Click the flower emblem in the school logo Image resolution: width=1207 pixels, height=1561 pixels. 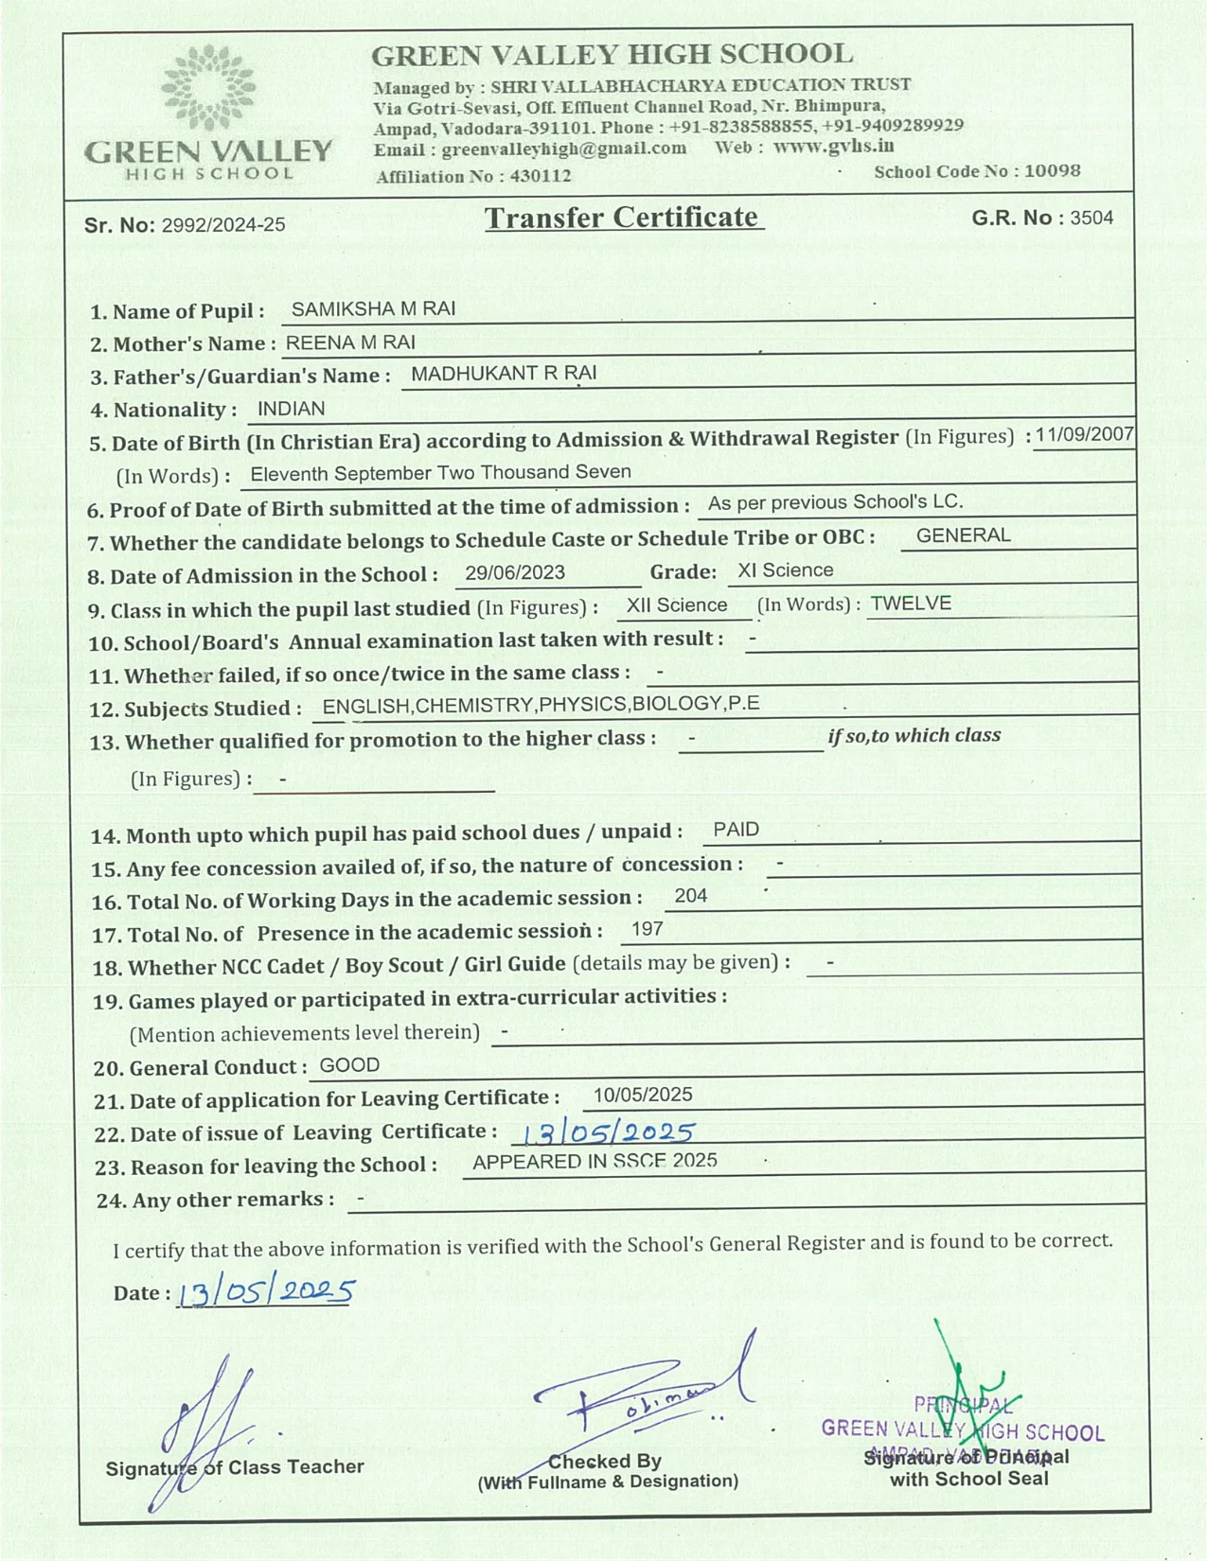click(207, 87)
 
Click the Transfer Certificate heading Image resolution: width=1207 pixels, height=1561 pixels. click(623, 218)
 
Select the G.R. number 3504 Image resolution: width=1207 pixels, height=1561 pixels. click(1092, 219)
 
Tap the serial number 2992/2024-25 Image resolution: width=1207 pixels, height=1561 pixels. click(223, 225)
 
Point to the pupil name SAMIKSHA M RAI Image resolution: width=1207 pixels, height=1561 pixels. click(373, 309)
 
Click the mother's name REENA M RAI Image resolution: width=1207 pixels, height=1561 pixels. click(350, 342)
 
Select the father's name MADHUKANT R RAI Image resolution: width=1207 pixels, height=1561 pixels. click(503, 374)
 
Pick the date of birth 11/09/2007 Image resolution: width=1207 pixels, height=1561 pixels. click(1084, 435)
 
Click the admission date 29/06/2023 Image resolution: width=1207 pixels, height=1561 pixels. click(515, 573)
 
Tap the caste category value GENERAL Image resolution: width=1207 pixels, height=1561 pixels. click(963, 535)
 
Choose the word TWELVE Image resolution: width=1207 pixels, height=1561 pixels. click(911, 604)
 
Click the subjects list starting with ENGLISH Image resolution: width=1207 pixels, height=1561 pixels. click(541, 705)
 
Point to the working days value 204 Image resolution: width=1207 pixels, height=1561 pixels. click(691, 896)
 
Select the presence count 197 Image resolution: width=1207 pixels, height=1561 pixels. click(647, 929)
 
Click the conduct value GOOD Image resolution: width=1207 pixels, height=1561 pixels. click(349, 1065)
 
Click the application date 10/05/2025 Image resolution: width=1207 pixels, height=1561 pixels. click(643, 1096)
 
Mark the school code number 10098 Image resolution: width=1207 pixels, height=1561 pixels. click(1052, 171)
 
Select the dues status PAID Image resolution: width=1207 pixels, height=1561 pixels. click(736, 830)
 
